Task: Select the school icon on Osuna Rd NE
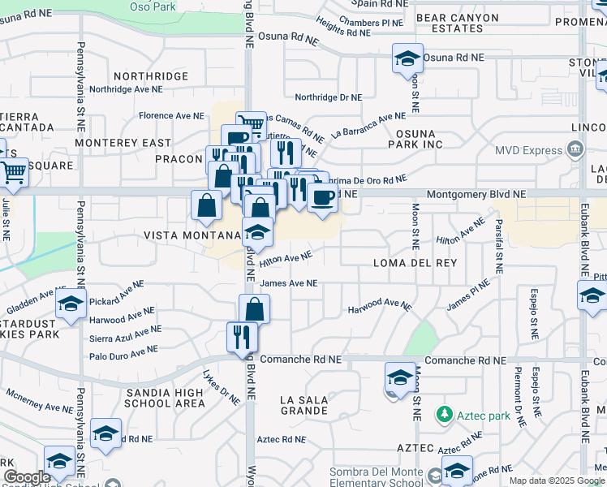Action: [407, 58]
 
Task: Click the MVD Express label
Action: [529, 150]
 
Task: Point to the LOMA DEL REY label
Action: [415, 263]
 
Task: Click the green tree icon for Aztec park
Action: [443, 415]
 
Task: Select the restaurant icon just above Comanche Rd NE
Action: [242, 336]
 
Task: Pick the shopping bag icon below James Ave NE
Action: [254, 308]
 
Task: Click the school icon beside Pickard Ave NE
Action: [71, 304]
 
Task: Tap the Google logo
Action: [27, 477]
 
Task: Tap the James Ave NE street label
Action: [289, 283]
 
